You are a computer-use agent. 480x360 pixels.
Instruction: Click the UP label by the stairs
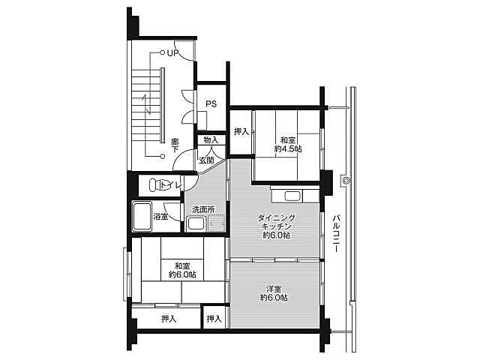click(172, 53)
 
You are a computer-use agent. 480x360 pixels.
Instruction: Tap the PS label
click(211, 104)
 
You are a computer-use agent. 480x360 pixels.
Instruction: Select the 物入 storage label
click(211, 140)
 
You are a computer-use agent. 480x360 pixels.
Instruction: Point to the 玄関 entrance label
click(207, 160)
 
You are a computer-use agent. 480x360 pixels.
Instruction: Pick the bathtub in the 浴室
click(142, 217)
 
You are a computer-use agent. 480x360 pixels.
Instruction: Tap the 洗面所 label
click(203, 210)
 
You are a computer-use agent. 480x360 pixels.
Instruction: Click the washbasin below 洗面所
click(196, 223)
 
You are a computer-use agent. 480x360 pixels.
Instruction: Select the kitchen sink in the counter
click(293, 196)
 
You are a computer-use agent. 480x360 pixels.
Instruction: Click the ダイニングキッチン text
click(277, 222)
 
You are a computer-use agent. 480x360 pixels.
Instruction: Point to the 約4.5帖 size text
click(288, 149)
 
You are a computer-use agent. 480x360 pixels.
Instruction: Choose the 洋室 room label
click(274, 289)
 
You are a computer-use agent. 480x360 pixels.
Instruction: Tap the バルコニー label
click(337, 234)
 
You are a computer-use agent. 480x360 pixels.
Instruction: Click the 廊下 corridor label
click(175, 145)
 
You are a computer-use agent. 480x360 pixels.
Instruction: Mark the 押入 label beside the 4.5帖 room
click(241, 132)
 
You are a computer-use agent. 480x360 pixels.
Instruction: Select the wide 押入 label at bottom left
click(169, 319)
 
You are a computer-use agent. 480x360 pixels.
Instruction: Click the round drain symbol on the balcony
click(346, 180)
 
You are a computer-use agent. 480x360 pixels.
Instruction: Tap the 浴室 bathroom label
click(160, 217)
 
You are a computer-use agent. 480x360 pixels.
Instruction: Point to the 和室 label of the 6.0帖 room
click(182, 265)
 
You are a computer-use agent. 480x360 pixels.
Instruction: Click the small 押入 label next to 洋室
click(214, 319)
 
